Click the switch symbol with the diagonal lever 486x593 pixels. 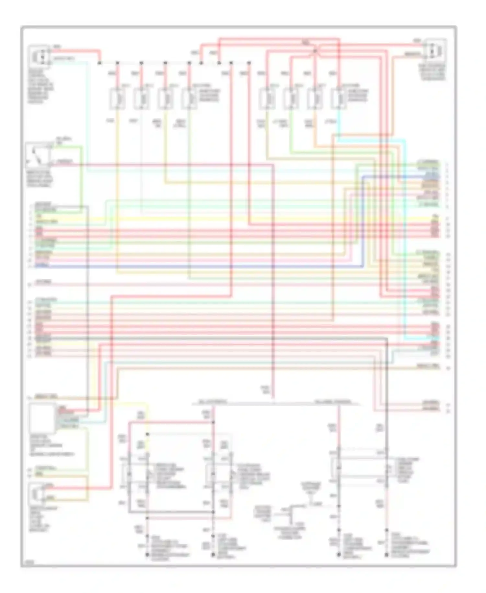[38, 155]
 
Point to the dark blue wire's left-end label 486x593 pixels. [42, 266]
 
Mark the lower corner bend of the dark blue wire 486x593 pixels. [363, 267]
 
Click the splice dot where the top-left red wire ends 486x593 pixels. [100, 63]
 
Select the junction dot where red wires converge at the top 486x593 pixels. [315, 51]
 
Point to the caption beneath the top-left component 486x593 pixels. [40, 86]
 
